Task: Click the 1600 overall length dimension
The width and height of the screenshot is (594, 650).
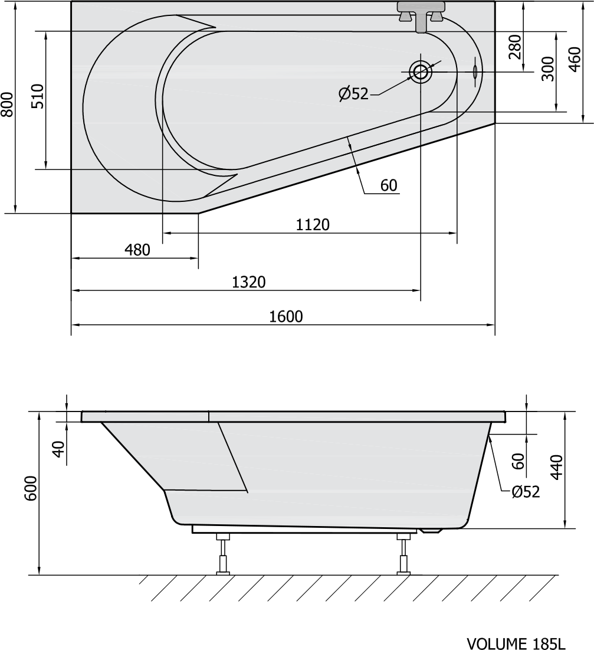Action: click(286, 316)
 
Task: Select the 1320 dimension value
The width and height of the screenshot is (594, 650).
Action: click(248, 282)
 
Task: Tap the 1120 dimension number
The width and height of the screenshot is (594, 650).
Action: click(313, 225)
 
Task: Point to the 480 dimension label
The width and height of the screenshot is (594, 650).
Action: click(137, 250)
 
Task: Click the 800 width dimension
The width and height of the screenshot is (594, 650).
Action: click(8, 104)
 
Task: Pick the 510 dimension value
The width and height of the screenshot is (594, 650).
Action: click(38, 96)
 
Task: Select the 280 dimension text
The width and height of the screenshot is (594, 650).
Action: click(515, 47)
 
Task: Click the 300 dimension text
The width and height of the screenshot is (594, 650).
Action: click(547, 69)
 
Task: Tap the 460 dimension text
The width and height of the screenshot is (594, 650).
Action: click(575, 59)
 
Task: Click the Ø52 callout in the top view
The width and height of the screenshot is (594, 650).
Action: click(353, 94)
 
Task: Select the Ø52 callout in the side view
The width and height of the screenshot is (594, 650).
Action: click(526, 492)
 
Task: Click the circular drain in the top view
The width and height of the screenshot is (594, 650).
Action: click(421, 72)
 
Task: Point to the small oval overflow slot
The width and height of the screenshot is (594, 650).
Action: click(475, 72)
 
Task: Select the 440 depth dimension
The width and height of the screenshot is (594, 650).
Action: click(557, 467)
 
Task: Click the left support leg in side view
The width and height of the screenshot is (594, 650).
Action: click(224, 554)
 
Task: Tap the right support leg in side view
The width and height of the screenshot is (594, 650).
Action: click(403, 554)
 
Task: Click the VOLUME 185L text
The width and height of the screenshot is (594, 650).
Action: click(516, 644)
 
